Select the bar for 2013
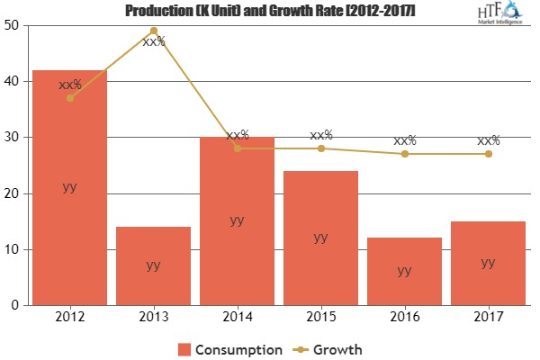pos(153,265)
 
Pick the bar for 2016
pos(404,271)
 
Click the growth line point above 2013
pos(153,31)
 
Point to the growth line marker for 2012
pos(69,98)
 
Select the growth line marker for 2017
pos(488,154)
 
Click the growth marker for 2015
pos(320,148)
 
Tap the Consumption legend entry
pos(229,348)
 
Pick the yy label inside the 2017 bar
pos(488,262)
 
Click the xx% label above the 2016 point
pos(404,140)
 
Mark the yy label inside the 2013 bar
pos(153,265)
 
